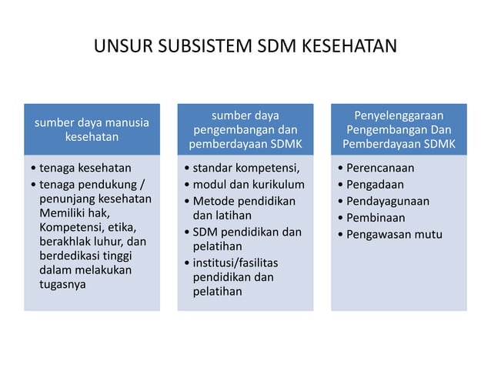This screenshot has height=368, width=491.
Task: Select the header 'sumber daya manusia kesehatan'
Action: point(92,129)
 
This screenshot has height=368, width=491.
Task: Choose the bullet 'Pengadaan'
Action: point(375,185)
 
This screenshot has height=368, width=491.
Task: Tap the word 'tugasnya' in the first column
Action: point(62,284)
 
